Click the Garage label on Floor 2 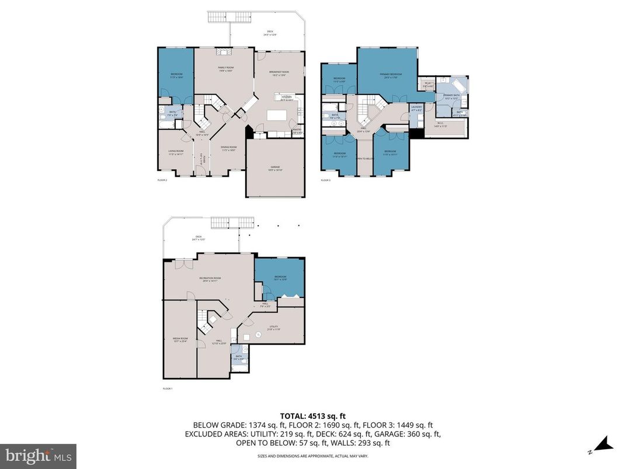tap(275, 169)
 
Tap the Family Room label tap(225, 69)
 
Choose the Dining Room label tap(228, 149)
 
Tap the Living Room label tap(176, 153)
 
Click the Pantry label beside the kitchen tap(297, 131)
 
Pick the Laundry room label tap(416, 108)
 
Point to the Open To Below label tap(364, 159)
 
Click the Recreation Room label tap(209, 280)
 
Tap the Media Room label tap(180, 339)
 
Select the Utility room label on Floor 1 tap(274, 328)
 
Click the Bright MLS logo tap(38, 454)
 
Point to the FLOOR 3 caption tap(325, 180)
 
